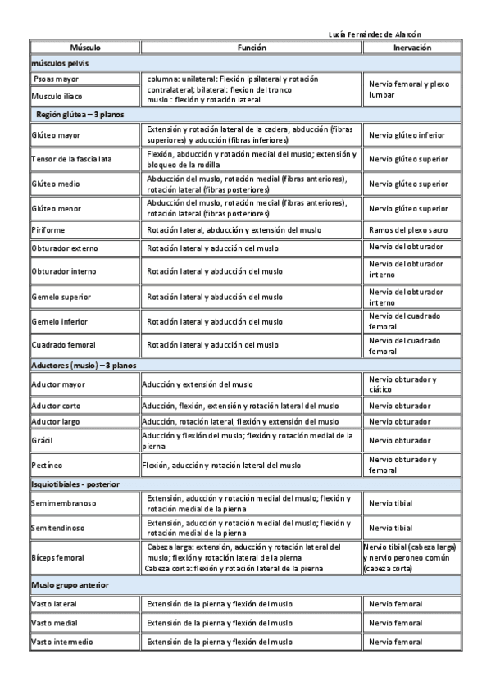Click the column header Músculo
(x=85, y=48)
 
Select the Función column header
(x=252, y=48)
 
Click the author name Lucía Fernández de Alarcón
(x=375, y=34)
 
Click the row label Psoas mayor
(x=57, y=79)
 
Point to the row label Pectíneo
(x=45, y=466)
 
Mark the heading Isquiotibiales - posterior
(x=75, y=484)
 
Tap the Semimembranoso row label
(x=62, y=502)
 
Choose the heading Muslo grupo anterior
(x=70, y=584)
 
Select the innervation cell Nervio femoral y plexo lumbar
(x=408, y=89)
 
